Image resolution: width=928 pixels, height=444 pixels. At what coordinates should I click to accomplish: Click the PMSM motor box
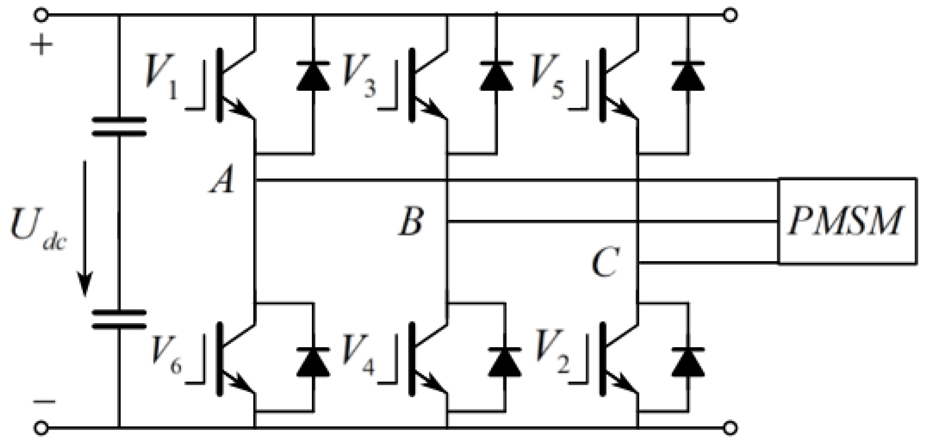click(847, 221)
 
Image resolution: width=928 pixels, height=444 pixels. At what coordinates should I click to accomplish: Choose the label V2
click(552, 356)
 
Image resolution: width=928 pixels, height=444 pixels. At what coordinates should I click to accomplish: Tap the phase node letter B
click(411, 222)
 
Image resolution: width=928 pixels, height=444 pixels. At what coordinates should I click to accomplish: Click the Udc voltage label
click(37, 231)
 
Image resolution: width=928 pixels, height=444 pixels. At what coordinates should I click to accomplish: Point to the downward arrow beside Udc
click(85, 228)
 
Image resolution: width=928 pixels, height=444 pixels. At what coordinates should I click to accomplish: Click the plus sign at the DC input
click(41, 45)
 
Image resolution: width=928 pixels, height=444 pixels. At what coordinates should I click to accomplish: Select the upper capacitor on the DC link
click(119, 127)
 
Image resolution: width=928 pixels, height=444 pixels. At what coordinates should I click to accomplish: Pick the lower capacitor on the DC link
click(119, 319)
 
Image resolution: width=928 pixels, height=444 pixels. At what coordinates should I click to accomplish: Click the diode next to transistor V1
click(313, 77)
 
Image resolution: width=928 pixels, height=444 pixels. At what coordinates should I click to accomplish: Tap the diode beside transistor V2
click(688, 362)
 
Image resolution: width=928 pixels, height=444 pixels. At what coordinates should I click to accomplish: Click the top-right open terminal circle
click(730, 15)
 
